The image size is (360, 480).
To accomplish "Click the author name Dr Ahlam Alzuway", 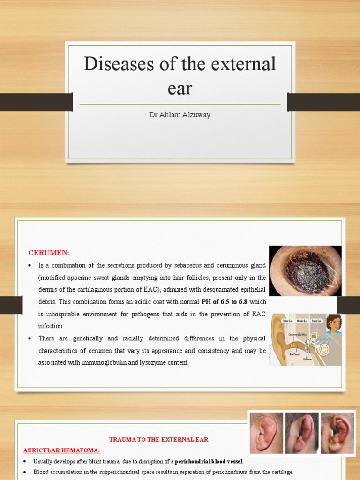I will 180,115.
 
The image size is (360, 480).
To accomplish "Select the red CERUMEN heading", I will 49,253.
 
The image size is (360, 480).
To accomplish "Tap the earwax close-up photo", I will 305,271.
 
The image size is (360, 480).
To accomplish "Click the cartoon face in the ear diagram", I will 334,324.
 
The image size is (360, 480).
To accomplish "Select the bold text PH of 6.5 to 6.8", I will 224,302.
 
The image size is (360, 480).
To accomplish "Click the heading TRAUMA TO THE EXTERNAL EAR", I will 158,439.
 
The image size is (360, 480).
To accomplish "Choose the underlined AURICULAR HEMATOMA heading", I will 61,450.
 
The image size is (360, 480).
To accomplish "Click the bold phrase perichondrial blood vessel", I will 209,461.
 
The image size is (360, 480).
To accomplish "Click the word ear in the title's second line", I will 180,88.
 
